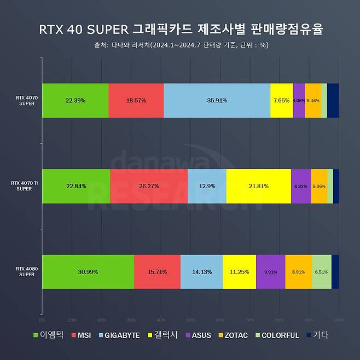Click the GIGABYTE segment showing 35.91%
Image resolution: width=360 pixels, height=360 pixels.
[x=217, y=101]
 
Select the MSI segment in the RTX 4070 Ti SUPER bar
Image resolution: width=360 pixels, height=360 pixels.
[x=149, y=186]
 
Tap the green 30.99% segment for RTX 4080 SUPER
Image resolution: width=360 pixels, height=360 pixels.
[x=88, y=272]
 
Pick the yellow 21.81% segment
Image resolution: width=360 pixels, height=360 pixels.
[x=258, y=186]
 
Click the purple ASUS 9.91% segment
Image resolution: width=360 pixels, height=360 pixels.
[x=270, y=272]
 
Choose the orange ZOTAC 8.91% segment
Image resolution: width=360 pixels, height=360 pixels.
[x=298, y=272]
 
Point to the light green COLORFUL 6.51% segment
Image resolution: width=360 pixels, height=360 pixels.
[x=321, y=272]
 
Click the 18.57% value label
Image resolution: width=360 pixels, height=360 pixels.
[x=136, y=101]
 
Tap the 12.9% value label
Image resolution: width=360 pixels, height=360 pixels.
[x=207, y=186]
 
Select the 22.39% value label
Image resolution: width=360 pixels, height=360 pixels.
[x=75, y=101]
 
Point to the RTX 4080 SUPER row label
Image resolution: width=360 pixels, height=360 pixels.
[x=25, y=272]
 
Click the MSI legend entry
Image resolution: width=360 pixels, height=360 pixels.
[x=80, y=335]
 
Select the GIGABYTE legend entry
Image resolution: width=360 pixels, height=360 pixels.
[x=119, y=335]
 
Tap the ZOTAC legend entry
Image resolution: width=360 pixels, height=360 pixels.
[x=234, y=335]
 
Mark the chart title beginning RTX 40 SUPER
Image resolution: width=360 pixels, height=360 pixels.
[x=179, y=28]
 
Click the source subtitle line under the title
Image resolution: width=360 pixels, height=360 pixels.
[x=180, y=45]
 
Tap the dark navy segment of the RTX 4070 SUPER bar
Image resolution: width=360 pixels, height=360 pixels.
[x=333, y=101]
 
